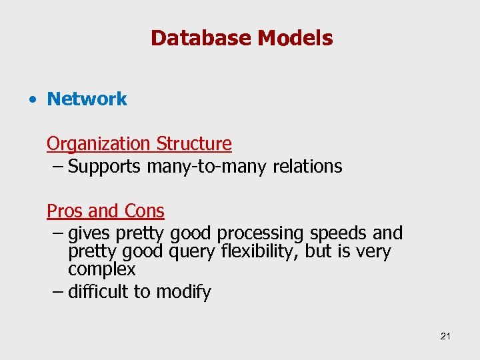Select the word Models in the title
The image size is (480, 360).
(x=295, y=38)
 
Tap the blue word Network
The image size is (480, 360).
(x=87, y=99)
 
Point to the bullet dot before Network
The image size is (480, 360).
(x=31, y=100)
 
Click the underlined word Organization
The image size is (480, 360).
(x=99, y=144)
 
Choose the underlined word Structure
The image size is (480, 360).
(x=194, y=144)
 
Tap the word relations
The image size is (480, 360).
(x=307, y=167)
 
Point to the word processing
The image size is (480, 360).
(x=260, y=234)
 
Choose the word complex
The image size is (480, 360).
(x=101, y=270)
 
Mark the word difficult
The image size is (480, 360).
(x=99, y=292)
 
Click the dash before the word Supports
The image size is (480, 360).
(x=57, y=167)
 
